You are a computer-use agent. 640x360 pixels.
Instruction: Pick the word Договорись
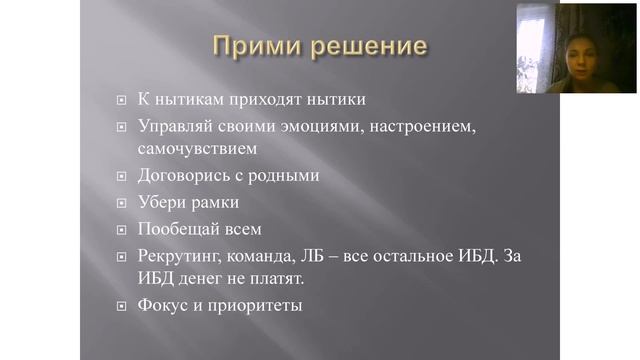(177, 175)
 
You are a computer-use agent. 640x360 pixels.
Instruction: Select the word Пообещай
(174, 229)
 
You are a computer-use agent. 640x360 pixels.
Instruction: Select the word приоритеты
(255, 304)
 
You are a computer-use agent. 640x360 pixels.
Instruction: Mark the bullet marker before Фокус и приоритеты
(120, 305)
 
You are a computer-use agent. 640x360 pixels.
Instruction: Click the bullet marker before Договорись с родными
(120, 176)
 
